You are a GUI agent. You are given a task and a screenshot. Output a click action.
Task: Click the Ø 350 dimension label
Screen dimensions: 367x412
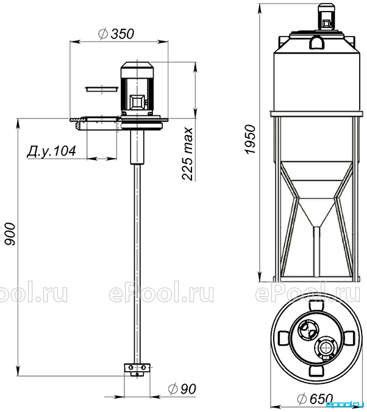coord(116,34)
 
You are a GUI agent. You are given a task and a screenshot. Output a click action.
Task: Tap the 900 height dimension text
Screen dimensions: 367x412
coord(11,234)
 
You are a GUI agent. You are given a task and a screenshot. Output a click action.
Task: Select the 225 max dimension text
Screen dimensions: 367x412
coord(188,154)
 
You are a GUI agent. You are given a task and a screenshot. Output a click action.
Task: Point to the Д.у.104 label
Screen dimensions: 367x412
coord(51,151)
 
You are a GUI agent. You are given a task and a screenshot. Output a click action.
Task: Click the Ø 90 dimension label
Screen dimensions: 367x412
coord(182,389)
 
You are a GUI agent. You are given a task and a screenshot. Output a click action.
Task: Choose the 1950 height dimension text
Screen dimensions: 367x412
coord(250,140)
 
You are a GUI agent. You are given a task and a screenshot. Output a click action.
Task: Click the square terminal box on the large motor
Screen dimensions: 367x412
coord(137,102)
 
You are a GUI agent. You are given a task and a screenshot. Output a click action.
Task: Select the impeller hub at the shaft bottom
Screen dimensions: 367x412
coord(137,369)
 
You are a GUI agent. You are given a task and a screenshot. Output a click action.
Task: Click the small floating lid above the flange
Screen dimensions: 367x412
coord(101,89)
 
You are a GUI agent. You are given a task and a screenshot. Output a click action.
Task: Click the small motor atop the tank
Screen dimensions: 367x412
coord(326,18)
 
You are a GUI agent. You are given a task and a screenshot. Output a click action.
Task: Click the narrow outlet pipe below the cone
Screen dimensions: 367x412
coord(316,251)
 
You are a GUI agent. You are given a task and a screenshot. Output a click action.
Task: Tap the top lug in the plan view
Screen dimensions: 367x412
coord(316,306)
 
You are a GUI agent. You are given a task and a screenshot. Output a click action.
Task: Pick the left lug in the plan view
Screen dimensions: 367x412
coord(283,338)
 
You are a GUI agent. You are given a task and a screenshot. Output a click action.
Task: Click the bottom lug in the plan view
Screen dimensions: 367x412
coord(316,370)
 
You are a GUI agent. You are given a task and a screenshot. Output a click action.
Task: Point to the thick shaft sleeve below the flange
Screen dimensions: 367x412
coord(137,146)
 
